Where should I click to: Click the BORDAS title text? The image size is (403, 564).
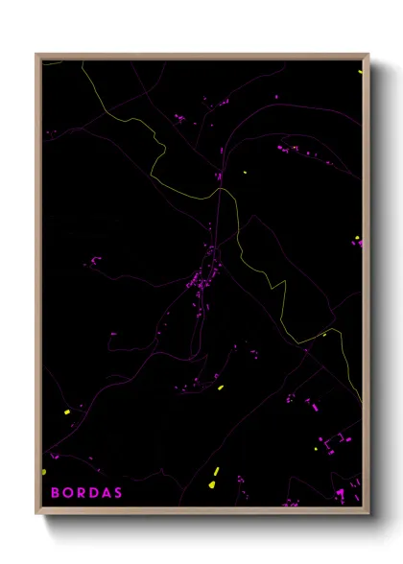pyautogui.click(x=86, y=493)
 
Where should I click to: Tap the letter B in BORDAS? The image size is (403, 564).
pyautogui.click(x=55, y=493)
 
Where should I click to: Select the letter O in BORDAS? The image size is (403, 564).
pyautogui.click(x=67, y=493)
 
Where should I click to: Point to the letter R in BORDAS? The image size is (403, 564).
pyautogui.click(x=80, y=493)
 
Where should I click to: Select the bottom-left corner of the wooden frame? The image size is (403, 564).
pyautogui.click(x=36, y=515)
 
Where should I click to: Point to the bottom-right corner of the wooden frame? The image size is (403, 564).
pyautogui.click(x=368, y=515)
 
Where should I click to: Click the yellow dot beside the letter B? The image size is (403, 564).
pyautogui.click(x=44, y=472)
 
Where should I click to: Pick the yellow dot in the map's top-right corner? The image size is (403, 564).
pyautogui.click(x=360, y=71)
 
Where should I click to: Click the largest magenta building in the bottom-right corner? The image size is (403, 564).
pyautogui.click(x=340, y=494)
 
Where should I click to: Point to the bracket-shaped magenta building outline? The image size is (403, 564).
pyautogui.click(x=332, y=442)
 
